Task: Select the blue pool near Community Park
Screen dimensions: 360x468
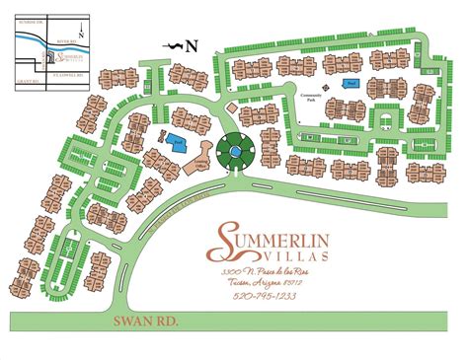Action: [x=351, y=85]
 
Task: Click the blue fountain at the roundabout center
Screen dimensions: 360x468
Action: [x=237, y=153]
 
